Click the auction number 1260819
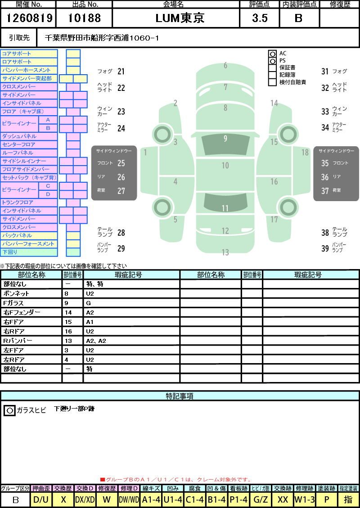pos(29,18)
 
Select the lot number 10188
pos(84,18)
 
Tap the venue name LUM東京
pos(180,18)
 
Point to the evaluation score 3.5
pos(260,18)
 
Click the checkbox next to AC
pos(273,54)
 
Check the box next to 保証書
pos(273,68)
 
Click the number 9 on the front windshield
pos(225,139)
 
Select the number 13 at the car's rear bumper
pos(225,252)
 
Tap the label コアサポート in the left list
pos(17,54)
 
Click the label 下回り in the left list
pos(10,252)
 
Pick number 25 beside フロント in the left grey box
pos(121,163)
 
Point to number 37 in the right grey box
pos(325,191)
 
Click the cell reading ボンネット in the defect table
pos(16,293)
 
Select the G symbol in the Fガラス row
pos(89,303)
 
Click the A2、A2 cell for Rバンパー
pos(96,341)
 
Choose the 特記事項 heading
pos(180,396)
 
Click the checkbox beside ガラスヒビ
pos(10,410)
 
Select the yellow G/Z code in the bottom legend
pos(261,499)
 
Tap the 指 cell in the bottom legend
pos(348,499)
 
